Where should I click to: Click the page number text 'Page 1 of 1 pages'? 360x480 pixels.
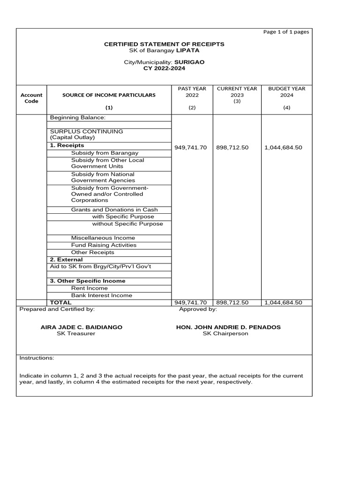[286, 32]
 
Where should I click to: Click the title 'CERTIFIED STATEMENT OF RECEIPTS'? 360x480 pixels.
[164, 44]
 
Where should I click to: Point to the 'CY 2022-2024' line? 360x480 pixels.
[164, 68]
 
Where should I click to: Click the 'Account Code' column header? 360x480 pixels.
[31, 98]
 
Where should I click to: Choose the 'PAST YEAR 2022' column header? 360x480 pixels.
[192, 91]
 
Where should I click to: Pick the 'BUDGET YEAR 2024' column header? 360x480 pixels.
[286, 91]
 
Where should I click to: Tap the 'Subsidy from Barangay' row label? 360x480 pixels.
[105, 153]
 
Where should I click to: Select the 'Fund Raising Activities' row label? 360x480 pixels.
[104, 245]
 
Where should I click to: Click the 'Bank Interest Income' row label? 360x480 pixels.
[102, 295]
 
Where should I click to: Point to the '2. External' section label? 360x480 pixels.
[66, 260]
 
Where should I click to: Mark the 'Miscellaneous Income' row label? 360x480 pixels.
[103, 238]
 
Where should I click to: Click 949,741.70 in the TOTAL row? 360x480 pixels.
[190, 303]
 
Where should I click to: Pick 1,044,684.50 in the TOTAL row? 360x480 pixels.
[283, 303]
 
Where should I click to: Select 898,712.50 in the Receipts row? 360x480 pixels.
[232, 148]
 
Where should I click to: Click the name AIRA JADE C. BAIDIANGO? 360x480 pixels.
[82, 327]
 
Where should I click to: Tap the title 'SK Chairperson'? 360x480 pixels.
[225, 334]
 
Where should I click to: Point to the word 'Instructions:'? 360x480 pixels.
[37, 358]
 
